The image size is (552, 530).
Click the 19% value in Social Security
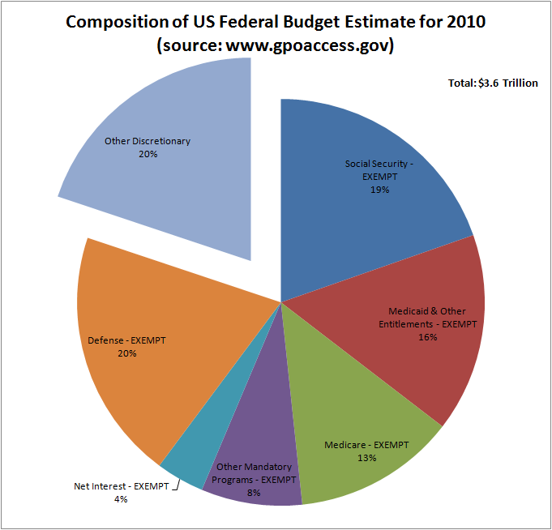(379, 190)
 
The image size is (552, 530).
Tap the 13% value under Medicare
(366, 458)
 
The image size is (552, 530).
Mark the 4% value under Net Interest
(121, 499)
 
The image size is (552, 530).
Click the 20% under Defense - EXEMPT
(126, 353)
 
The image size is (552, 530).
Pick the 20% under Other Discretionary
(147, 153)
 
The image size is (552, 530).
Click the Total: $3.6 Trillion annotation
(492, 83)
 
